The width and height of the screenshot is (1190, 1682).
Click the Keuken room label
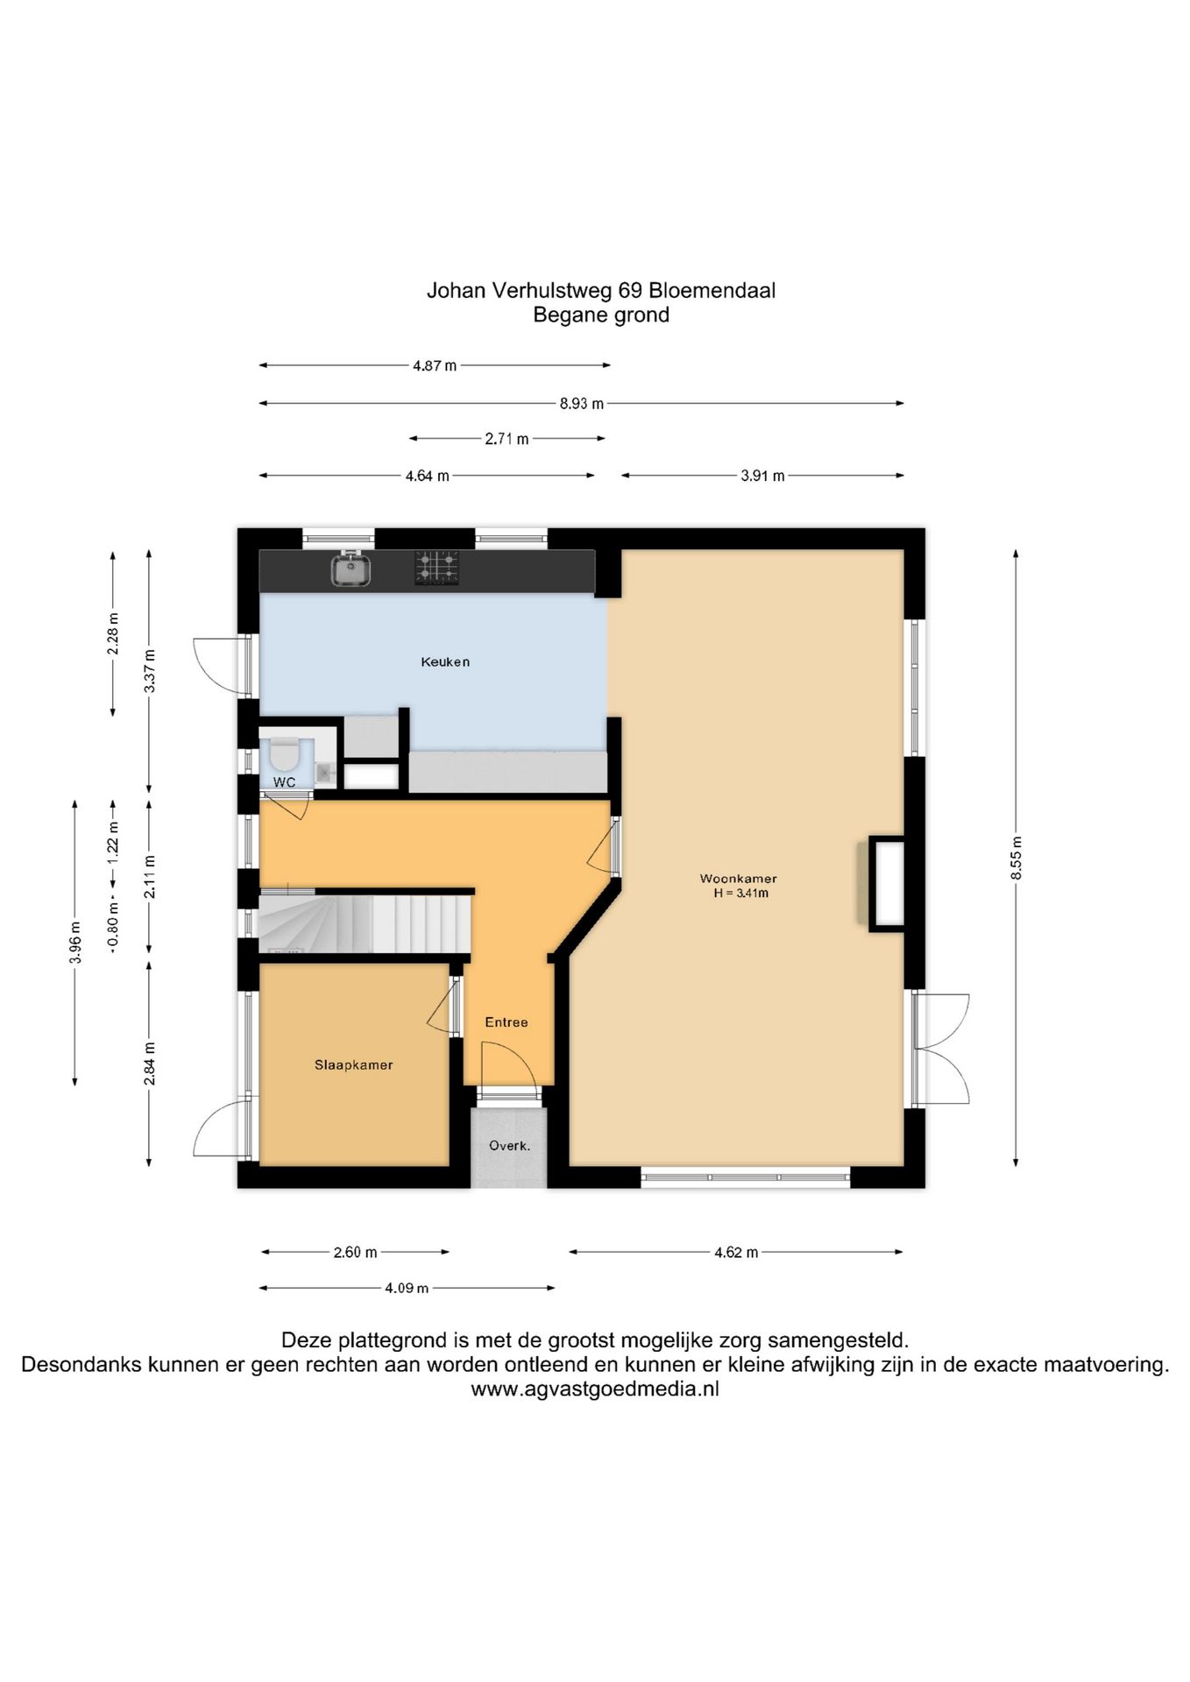point(445,662)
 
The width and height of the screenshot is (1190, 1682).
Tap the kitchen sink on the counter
point(351,570)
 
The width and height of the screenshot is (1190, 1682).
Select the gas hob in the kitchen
point(436,568)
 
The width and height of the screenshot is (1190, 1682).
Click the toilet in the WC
point(284,753)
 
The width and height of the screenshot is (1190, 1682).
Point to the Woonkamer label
point(738,879)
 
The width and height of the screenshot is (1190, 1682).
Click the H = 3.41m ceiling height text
point(740,894)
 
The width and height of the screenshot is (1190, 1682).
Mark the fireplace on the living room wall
point(885,884)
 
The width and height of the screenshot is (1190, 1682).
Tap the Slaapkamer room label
point(353,1065)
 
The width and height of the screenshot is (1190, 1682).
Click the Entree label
point(506,1022)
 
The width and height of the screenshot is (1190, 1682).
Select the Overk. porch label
point(509,1145)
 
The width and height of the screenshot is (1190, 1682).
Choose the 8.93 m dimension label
point(581,404)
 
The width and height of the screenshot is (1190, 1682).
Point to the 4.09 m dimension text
point(407,1289)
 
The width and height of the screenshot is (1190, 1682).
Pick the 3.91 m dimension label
point(762,476)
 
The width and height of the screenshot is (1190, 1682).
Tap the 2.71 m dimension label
point(506,439)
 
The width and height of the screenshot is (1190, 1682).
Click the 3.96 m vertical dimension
point(75,943)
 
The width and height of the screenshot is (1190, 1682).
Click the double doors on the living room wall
point(941,1049)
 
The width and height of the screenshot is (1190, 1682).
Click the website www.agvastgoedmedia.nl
point(594,1389)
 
